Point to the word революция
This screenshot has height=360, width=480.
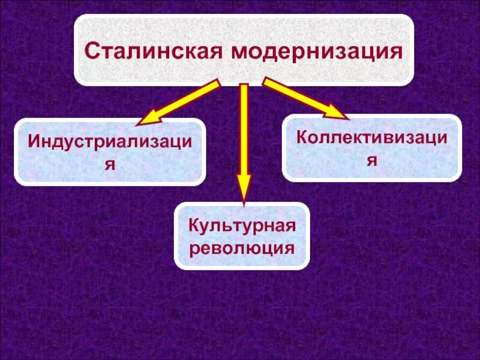tap(242, 247)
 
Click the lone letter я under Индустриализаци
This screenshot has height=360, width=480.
tap(110, 164)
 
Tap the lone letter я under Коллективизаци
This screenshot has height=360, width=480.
tap(372, 160)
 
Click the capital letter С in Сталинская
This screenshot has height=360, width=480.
tap(91, 50)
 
